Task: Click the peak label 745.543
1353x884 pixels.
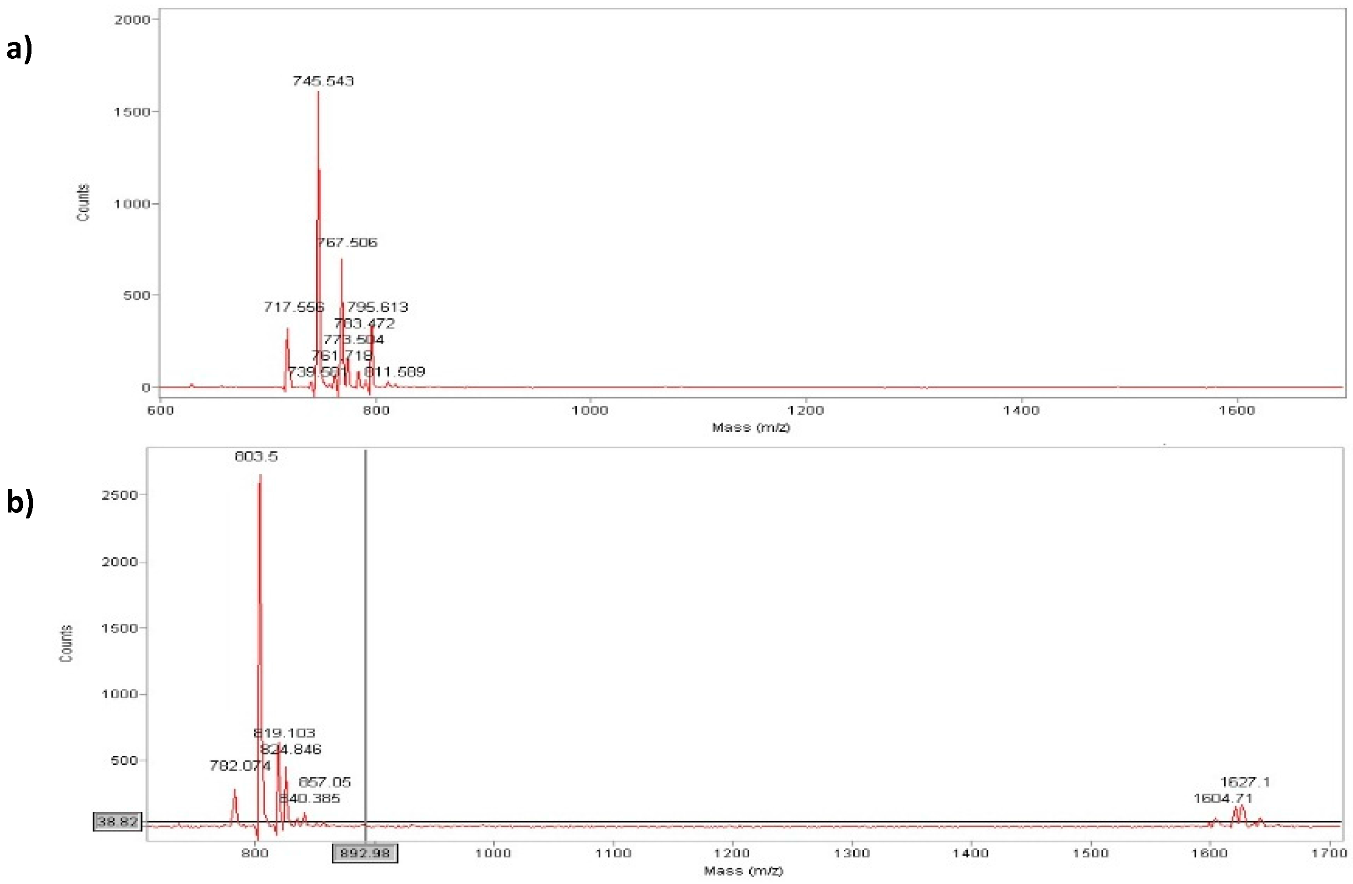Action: (323, 81)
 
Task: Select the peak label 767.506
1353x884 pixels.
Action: (347, 243)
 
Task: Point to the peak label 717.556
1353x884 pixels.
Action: (293, 308)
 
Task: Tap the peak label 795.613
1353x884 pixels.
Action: (377, 308)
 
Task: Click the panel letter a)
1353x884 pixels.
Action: (19, 49)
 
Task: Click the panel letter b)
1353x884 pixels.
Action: (20, 502)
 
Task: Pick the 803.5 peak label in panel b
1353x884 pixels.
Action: (256, 456)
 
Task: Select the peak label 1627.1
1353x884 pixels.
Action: (1245, 782)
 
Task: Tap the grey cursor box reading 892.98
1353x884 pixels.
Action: (365, 853)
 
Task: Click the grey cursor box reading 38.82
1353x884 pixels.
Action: (117, 821)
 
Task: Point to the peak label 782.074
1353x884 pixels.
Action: (240, 766)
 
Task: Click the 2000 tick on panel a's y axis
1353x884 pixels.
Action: (132, 20)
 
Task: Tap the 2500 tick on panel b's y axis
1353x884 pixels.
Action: (120, 495)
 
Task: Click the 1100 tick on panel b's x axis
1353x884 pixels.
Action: (613, 853)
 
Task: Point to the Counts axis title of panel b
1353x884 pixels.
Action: (67, 643)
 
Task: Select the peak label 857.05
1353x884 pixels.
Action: (324, 782)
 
